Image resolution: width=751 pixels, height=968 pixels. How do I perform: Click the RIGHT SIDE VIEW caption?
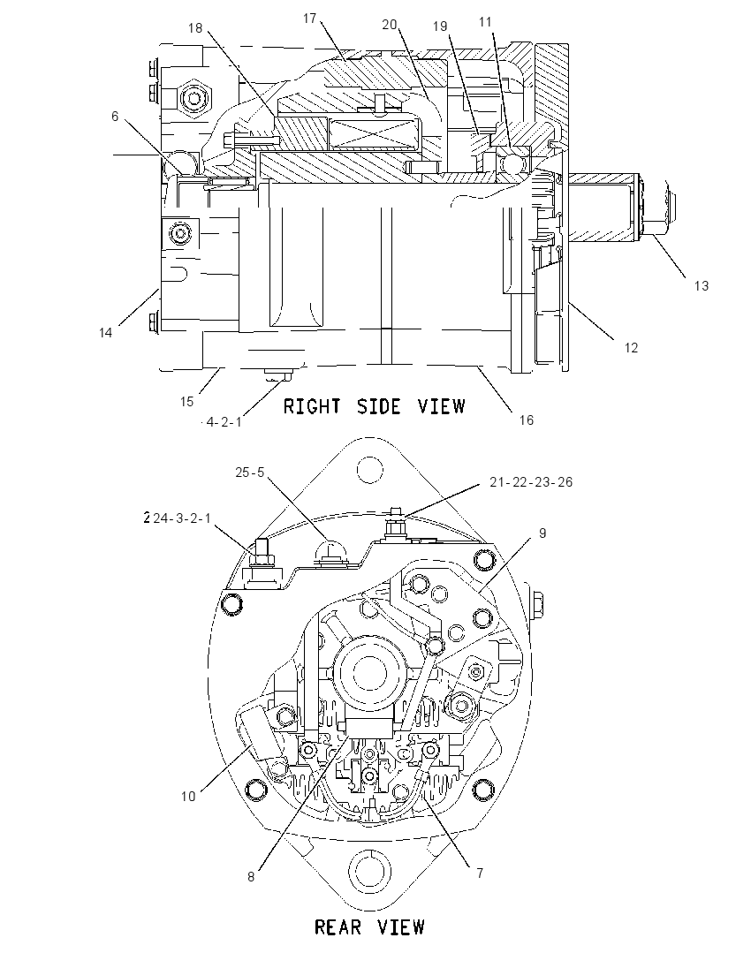tap(374, 405)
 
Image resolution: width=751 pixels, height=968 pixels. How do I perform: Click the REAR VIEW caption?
tap(370, 926)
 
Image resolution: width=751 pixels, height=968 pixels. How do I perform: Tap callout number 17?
tap(309, 19)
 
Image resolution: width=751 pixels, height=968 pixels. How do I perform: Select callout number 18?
tap(195, 28)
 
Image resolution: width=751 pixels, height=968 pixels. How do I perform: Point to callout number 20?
tap(389, 25)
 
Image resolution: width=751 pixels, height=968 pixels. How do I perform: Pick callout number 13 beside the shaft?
tap(702, 286)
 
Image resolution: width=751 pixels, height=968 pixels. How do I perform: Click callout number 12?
tap(631, 348)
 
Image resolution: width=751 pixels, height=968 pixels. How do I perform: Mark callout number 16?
tap(526, 420)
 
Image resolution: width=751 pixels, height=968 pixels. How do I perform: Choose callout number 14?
tap(106, 333)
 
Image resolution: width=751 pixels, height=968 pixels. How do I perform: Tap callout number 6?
tap(115, 116)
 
